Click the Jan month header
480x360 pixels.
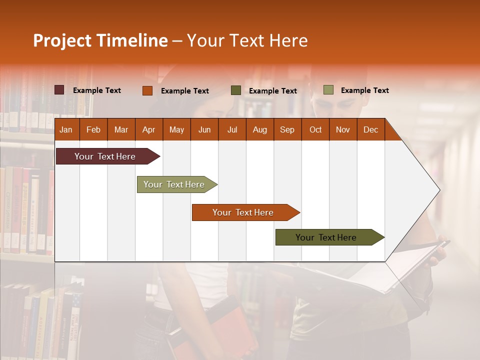click(x=66, y=129)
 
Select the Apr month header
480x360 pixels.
click(x=148, y=129)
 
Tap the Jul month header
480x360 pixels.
click(x=232, y=129)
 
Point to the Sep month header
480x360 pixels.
click(x=287, y=129)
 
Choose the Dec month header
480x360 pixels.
click(x=370, y=129)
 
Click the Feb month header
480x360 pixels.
click(x=93, y=129)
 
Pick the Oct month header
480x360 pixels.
click(x=315, y=129)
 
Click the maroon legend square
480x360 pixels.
click(x=59, y=90)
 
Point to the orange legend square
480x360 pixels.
click(x=147, y=90)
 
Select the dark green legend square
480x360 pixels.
click(x=236, y=90)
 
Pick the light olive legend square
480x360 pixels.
click(x=328, y=90)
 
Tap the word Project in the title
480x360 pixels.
click(x=62, y=40)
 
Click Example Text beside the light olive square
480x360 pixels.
click(x=364, y=90)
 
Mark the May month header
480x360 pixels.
click(x=176, y=129)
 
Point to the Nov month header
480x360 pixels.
click(x=342, y=129)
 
